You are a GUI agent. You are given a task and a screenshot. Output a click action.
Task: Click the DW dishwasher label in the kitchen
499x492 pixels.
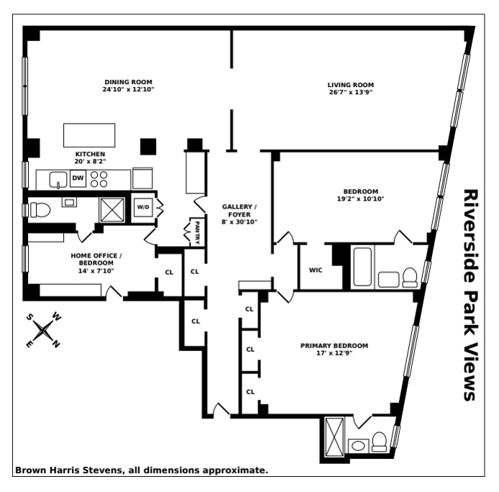pos(78,178)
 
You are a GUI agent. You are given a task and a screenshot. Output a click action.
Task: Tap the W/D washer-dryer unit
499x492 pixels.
pos(143,207)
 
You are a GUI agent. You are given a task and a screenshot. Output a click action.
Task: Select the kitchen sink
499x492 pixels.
pos(58,180)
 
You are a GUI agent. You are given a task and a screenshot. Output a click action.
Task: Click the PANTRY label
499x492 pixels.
pos(197,233)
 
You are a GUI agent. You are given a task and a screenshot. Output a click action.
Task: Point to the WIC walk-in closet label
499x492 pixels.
pos(316,270)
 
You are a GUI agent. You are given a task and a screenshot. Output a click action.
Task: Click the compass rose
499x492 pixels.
pos(43,331)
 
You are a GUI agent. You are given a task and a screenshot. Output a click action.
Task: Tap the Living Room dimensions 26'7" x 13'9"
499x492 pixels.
pos(351,92)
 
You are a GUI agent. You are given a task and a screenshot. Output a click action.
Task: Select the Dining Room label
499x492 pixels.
pos(128,82)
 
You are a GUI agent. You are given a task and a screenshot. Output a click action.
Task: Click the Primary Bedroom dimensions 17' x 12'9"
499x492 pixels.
pos(334,353)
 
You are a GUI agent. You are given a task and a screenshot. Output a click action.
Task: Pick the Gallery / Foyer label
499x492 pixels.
pos(239,211)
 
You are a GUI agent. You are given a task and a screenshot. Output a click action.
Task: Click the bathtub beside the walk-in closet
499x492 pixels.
pos(362,267)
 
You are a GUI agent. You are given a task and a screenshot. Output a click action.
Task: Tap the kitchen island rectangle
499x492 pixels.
pos(89,135)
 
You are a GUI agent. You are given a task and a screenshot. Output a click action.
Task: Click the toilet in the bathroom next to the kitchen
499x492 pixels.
pos(40,210)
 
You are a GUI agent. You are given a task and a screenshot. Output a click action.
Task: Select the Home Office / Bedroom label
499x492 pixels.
pos(96,259)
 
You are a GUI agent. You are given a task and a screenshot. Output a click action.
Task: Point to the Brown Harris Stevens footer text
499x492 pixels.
pos(142,470)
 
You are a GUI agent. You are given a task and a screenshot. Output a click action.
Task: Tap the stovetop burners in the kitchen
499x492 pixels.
pos(99,179)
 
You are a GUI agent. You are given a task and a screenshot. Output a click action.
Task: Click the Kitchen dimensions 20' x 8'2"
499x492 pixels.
pos(90,161)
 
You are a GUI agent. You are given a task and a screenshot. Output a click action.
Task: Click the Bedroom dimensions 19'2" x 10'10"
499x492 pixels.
pos(360,199)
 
